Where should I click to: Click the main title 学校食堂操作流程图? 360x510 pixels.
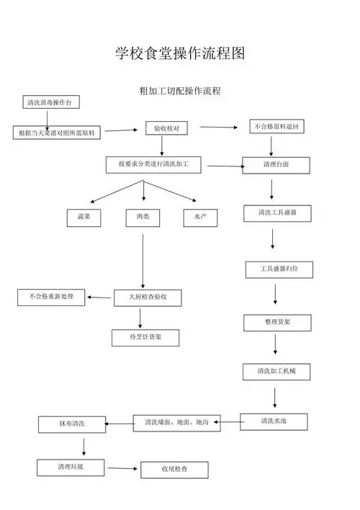click(x=180, y=53)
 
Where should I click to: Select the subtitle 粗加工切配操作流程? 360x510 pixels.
click(x=179, y=91)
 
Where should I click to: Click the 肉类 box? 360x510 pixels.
click(x=143, y=216)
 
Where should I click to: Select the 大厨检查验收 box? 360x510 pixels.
click(x=147, y=297)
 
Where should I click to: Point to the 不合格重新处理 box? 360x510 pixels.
click(x=51, y=296)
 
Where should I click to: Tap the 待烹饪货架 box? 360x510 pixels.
click(x=145, y=337)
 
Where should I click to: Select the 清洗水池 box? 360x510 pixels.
click(x=274, y=421)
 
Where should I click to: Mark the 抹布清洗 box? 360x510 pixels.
click(x=72, y=424)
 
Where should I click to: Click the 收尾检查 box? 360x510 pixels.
click(x=174, y=470)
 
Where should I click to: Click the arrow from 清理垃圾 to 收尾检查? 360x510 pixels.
click(x=122, y=468)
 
